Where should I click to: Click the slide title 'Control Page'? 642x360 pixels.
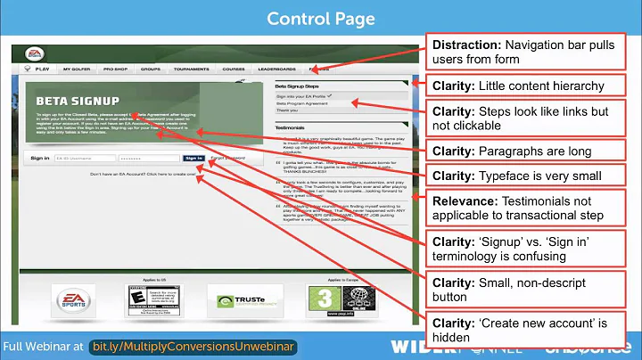320,18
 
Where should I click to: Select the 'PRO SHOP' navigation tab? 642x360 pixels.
115,68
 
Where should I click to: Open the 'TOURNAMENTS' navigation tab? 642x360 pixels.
191,68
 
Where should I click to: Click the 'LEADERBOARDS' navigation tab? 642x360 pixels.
276,68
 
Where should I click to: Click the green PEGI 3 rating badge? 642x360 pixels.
321,299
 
